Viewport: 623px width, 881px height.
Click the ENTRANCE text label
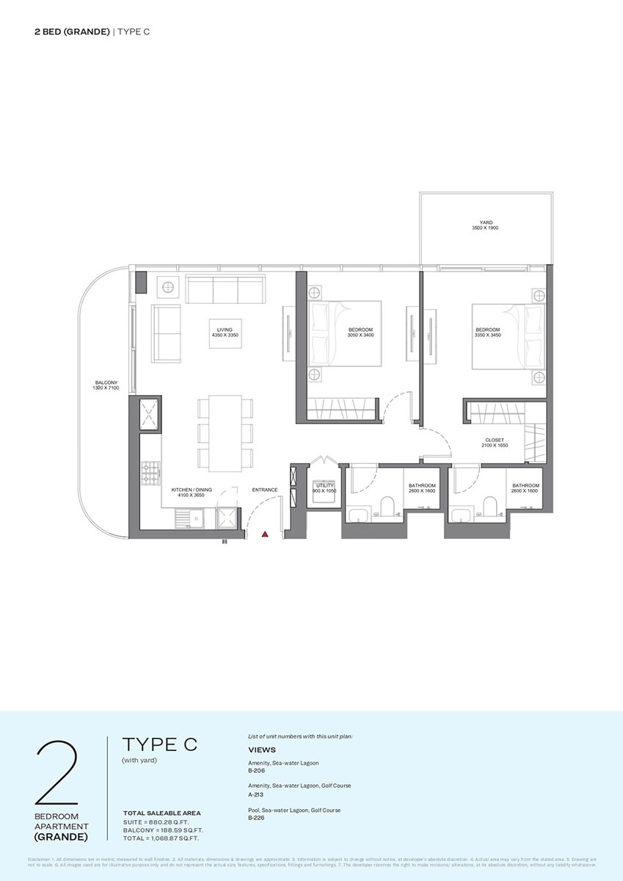click(264, 490)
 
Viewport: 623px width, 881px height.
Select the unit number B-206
click(256, 772)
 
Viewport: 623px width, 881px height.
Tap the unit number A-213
click(255, 794)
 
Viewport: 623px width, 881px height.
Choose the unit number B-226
click(256, 817)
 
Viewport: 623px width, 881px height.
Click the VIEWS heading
click(262, 750)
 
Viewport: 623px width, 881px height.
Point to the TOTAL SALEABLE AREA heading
click(161, 813)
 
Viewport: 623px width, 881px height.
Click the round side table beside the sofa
click(168, 286)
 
